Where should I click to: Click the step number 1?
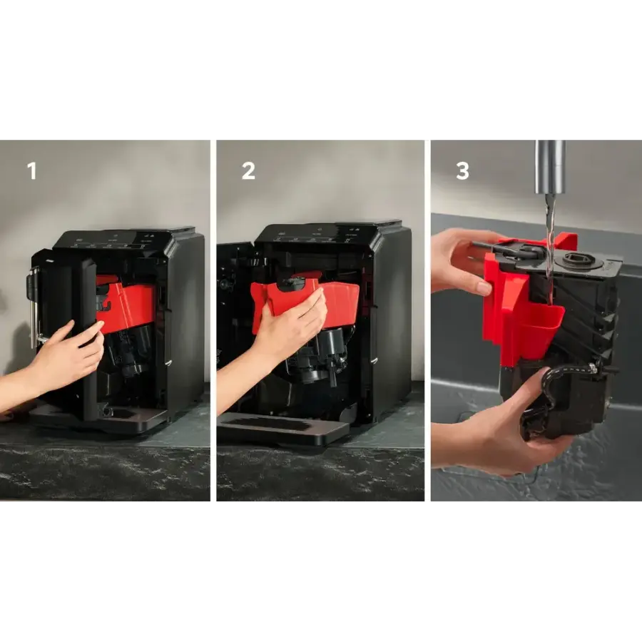(x=31, y=170)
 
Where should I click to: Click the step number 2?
(x=248, y=170)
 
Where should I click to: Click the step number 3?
(x=463, y=170)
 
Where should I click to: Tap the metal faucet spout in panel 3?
(x=550, y=167)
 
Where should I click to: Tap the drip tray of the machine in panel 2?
(x=282, y=428)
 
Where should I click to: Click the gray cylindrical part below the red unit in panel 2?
(x=332, y=343)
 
